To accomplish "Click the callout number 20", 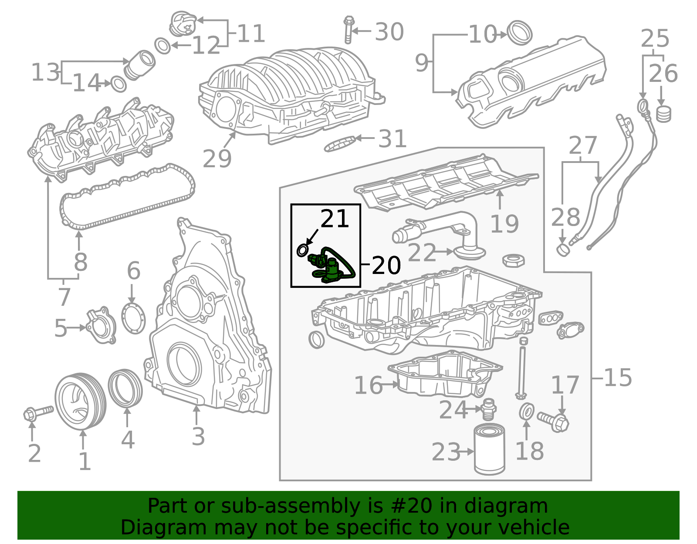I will click(386, 265).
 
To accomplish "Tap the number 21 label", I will click(335, 219).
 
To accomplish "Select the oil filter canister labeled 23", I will click(489, 450).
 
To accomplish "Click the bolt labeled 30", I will click(348, 30).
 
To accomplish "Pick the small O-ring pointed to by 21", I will click(302, 250).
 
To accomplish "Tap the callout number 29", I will click(217, 159).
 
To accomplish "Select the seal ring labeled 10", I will click(521, 32).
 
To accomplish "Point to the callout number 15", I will click(618, 378).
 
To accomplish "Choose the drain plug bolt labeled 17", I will click(554, 421).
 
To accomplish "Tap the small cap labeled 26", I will click(663, 114).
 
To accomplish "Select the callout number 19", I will click(504, 224).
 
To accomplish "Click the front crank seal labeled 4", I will click(125, 388).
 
